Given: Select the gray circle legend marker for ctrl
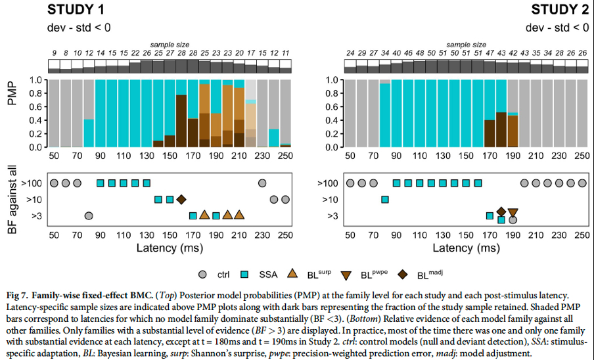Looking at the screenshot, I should pyautogui.click(x=204, y=274).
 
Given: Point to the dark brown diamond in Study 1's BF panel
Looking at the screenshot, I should pyautogui.click(x=181, y=199).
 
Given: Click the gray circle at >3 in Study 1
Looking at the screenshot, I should pyautogui.click(x=89, y=215).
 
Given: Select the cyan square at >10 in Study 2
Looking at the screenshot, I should pyautogui.click(x=385, y=199).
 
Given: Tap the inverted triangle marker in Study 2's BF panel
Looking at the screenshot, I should pyautogui.click(x=513, y=212).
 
